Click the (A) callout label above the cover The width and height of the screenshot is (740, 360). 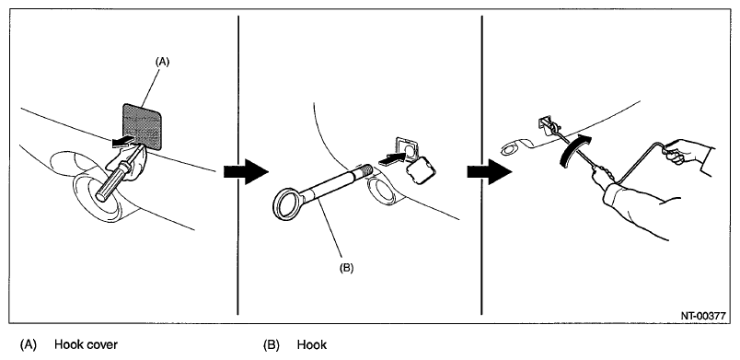[161, 61]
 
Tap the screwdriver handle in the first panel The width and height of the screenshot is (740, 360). [112, 180]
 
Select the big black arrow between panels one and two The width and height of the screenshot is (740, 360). [246, 172]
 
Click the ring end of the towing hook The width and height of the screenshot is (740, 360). [287, 204]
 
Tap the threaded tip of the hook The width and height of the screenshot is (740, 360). [364, 169]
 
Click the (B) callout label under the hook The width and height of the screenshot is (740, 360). [346, 268]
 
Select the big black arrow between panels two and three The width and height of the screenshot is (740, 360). [490, 172]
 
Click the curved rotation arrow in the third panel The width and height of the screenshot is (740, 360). [574, 149]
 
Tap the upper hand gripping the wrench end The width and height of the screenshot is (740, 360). [682, 150]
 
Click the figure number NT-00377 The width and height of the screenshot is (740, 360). [702, 316]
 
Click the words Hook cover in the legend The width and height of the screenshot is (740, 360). [86, 345]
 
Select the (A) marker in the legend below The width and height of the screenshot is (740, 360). [28, 345]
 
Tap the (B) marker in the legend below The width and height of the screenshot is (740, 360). [272, 345]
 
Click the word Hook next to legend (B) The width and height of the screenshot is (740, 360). [312, 345]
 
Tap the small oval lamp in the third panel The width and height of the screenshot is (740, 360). [510, 150]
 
